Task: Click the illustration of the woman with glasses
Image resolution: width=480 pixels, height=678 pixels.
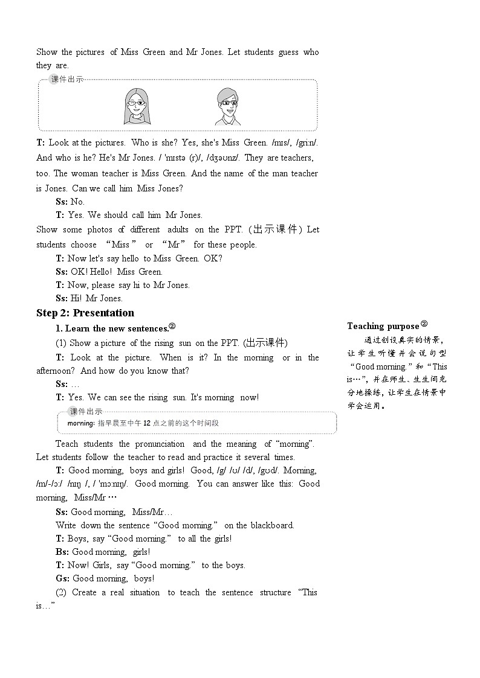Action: (x=137, y=106)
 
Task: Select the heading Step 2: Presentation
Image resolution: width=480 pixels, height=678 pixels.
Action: (x=85, y=313)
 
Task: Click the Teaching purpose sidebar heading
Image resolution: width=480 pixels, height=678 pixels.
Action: (x=383, y=326)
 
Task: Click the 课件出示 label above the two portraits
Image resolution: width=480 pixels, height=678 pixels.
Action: (x=68, y=80)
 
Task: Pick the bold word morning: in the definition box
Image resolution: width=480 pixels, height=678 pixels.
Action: (x=80, y=423)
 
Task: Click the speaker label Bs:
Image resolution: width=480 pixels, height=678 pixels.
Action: (x=62, y=552)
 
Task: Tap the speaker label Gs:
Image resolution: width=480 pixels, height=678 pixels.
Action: (x=62, y=578)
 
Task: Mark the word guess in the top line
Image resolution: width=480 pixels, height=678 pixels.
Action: (x=288, y=52)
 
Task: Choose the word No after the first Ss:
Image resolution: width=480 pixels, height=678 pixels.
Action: (x=77, y=202)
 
